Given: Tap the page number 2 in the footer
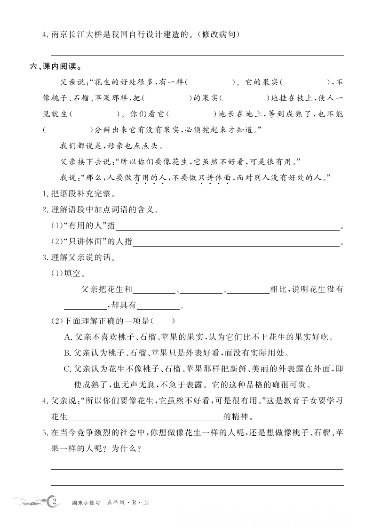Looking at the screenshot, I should [55, 502].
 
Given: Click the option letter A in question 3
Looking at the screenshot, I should [67, 337].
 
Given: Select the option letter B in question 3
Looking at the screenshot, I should [67, 352].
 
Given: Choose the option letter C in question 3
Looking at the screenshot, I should [67, 368].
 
